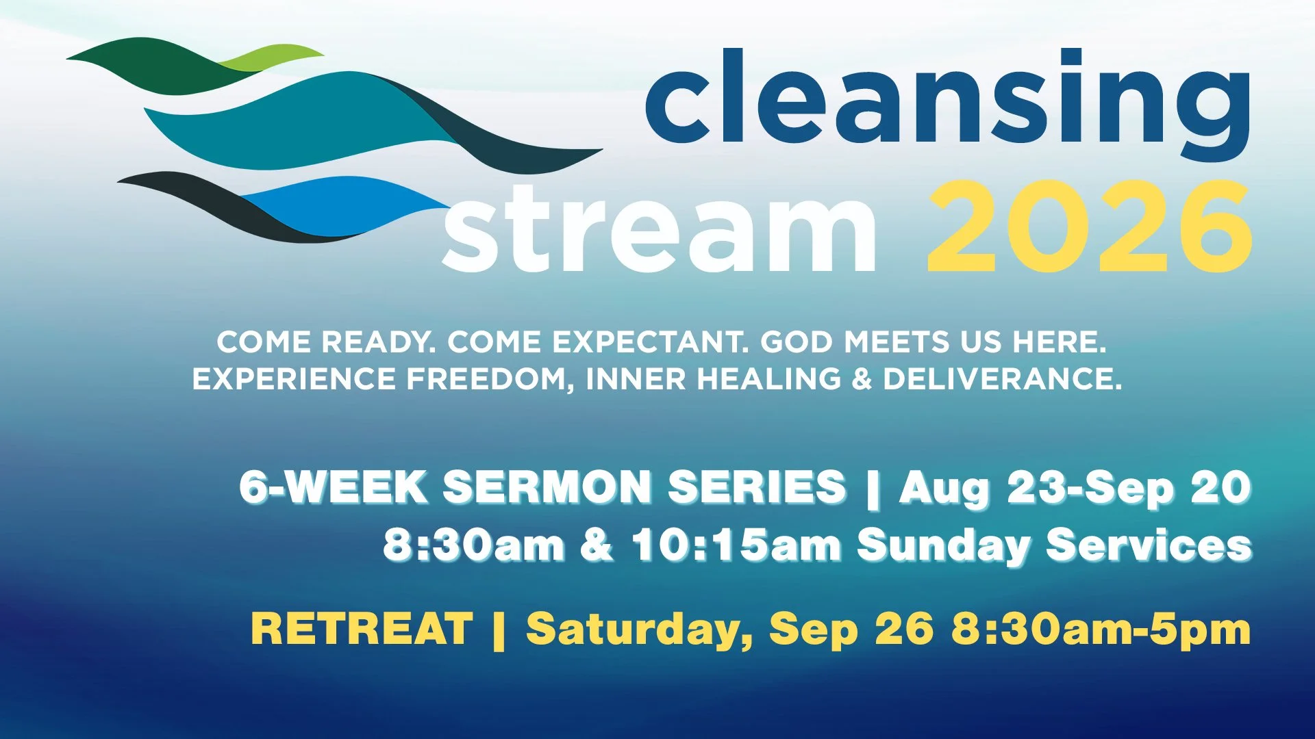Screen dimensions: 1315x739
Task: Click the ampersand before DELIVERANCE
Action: (862, 379)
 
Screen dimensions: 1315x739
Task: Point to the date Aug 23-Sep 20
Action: (1076, 489)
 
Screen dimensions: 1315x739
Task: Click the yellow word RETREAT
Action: (362, 628)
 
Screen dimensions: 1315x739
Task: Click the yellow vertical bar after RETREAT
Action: (499, 630)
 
